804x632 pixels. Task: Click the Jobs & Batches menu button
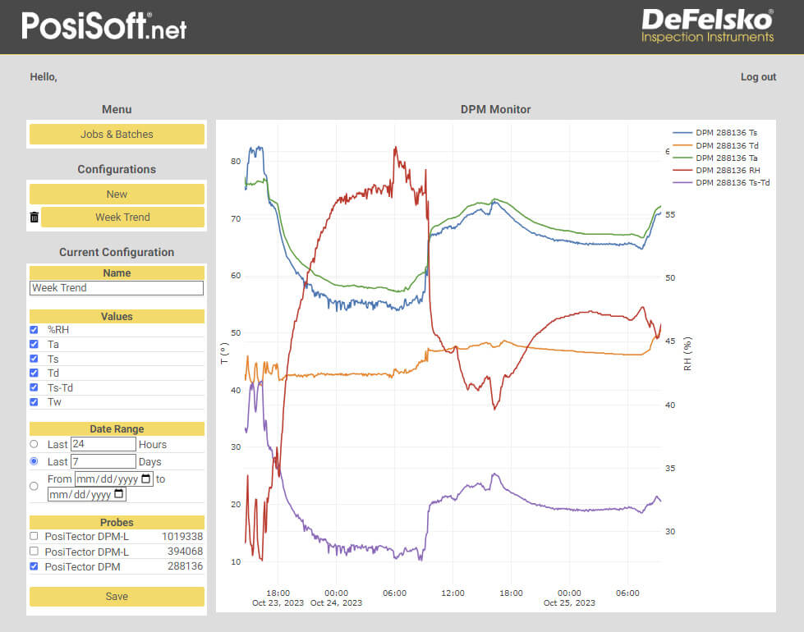click(x=117, y=135)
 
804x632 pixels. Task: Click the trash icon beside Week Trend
click(x=34, y=218)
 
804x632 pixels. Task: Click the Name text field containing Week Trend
click(x=117, y=288)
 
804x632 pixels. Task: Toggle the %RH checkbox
click(x=34, y=330)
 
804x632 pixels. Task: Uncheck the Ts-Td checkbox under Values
click(x=34, y=387)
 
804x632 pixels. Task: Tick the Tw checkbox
click(x=34, y=402)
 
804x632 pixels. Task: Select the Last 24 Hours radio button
click(x=34, y=444)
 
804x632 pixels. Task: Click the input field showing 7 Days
click(x=103, y=462)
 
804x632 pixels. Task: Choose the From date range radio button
click(x=34, y=486)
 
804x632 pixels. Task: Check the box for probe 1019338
click(x=34, y=536)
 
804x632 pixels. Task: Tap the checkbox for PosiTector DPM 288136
click(x=34, y=566)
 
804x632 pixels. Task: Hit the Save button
click(x=117, y=597)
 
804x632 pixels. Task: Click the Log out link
click(x=758, y=77)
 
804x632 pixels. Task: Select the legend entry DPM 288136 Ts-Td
click(x=732, y=183)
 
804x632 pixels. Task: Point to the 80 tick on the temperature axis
click(x=236, y=162)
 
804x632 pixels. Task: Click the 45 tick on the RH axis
click(x=670, y=341)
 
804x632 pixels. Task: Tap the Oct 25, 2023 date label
click(x=569, y=603)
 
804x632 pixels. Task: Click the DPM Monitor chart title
click(x=495, y=109)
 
